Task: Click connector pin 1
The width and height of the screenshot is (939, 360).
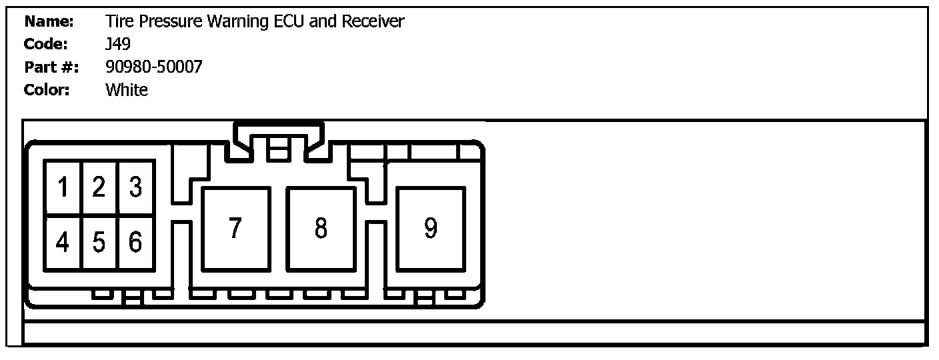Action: pyautogui.click(x=63, y=187)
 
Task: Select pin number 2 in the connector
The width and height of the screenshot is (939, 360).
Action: pyautogui.click(x=99, y=187)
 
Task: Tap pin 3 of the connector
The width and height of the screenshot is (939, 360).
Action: pyautogui.click(x=136, y=187)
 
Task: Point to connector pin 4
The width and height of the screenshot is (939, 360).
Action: pyautogui.click(x=63, y=243)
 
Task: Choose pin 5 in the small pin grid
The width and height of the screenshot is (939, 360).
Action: pyautogui.click(x=99, y=243)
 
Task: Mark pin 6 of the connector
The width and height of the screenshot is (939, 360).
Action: pyautogui.click(x=136, y=243)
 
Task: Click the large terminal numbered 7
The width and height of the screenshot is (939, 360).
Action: pyautogui.click(x=235, y=229)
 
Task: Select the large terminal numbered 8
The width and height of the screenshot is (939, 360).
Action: pyautogui.click(x=321, y=229)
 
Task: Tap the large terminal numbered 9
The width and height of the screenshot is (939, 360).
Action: pyautogui.click(x=431, y=229)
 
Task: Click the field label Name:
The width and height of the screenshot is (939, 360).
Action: pyautogui.click(x=49, y=22)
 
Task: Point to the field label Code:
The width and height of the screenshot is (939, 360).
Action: pyautogui.click(x=46, y=45)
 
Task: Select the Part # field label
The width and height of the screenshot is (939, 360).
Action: pyautogui.click(x=51, y=67)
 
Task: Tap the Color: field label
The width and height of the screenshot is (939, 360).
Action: pyautogui.click(x=47, y=90)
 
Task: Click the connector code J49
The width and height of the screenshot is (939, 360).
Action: pyautogui.click(x=118, y=45)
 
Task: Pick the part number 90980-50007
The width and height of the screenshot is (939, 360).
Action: pyautogui.click(x=153, y=67)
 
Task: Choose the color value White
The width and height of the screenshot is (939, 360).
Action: pyautogui.click(x=127, y=90)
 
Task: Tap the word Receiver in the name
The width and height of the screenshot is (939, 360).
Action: pyautogui.click(x=373, y=22)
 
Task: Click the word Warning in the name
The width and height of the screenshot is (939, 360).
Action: pyautogui.click(x=238, y=22)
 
